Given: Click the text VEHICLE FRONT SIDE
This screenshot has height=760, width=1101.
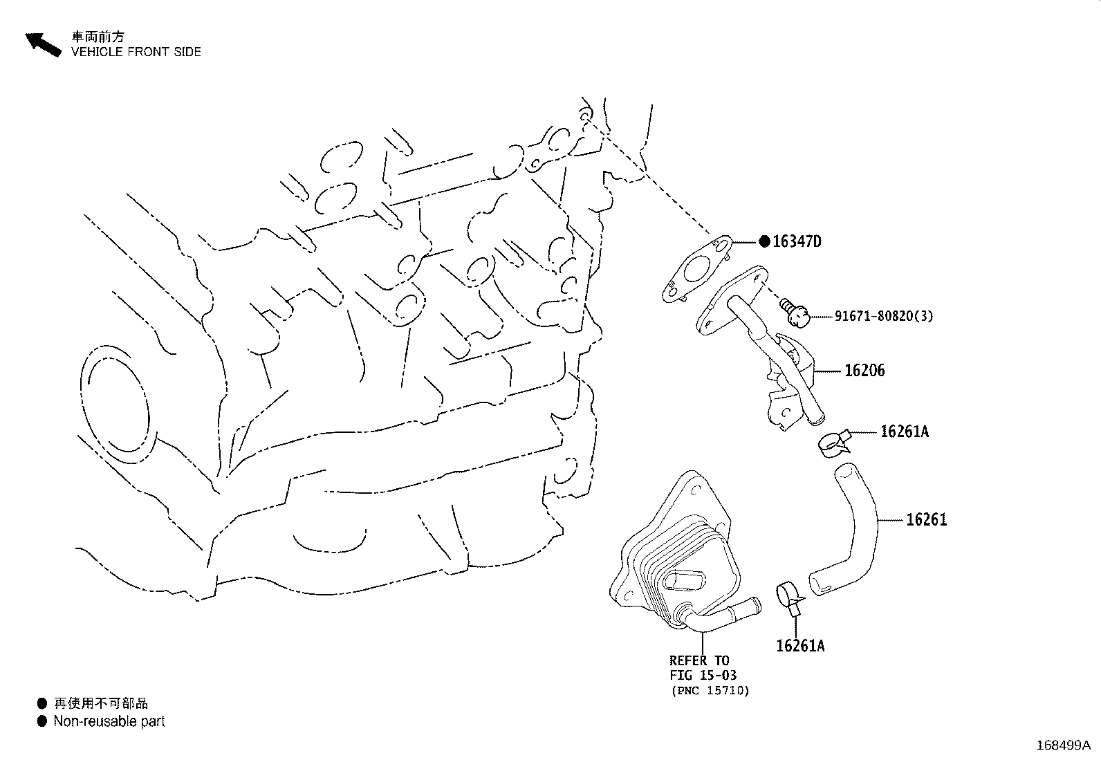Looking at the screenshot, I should pos(136,52).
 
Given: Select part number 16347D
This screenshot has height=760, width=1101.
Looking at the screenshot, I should pos(797,241).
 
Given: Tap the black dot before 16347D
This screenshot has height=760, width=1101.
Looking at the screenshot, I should pos(764,241).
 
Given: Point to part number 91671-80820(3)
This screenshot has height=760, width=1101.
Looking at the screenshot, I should pos(883,316).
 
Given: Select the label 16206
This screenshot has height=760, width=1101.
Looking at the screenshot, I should pos(864,371).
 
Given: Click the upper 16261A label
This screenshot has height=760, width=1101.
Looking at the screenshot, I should pos(904,432).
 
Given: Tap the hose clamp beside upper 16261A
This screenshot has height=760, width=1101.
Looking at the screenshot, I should pos(833,443).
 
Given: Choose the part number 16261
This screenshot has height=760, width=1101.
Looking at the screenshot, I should pos(926,519).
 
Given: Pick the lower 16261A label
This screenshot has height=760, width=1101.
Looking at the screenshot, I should pos(800,646).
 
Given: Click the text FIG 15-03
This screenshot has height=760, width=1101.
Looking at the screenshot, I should pos(703,675).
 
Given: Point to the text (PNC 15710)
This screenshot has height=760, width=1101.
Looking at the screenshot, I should pos(710,690).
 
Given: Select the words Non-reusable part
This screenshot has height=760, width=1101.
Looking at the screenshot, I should pos(109,721).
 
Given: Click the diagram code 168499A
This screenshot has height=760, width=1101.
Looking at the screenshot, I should pos(1062,745).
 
